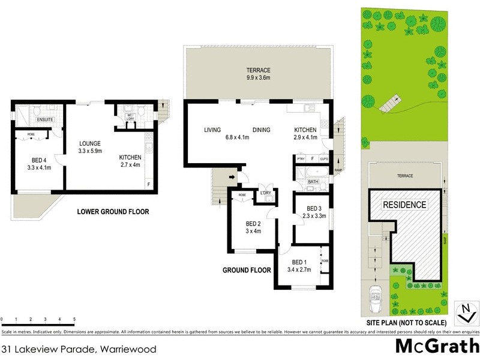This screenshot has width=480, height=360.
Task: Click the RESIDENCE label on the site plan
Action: pyautogui.click(x=404, y=205)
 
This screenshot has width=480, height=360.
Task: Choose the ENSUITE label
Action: pyautogui.click(x=29, y=119)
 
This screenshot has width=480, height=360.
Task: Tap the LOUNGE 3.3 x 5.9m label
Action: pyautogui.click(x=90, y=147)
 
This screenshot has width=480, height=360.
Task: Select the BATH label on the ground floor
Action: pyautogui.click(x=313, y=182)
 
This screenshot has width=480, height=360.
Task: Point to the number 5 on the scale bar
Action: pyautogui.click(x=74, y=319)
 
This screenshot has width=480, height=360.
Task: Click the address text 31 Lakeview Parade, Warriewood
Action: pyautogui.click(x=70, y=349)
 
